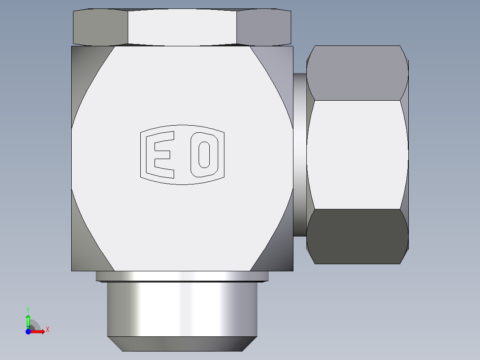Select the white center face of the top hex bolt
182,27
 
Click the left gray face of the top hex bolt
100,27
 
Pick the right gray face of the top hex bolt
264,27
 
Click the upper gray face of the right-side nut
357,74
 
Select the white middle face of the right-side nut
357,154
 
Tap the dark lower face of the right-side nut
357,236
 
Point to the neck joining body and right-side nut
300,154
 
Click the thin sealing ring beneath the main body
182,276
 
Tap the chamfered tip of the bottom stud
182,344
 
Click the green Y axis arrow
28,320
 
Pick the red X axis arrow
38,331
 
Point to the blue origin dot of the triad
28,331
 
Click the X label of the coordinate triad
48,330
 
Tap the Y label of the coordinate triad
28,309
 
